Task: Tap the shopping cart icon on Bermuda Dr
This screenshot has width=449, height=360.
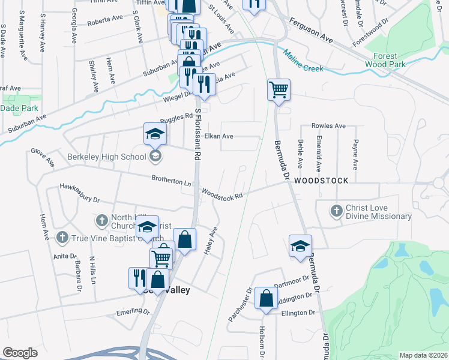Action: (279, 90)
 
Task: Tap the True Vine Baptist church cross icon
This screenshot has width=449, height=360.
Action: (61, 238)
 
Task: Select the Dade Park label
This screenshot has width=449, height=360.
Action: (20, 108)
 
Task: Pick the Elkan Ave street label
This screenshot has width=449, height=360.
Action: (219, 136)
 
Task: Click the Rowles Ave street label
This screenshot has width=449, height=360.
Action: (328, 126)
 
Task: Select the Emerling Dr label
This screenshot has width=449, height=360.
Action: (133, 312)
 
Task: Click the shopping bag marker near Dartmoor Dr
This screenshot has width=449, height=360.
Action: (266, 298)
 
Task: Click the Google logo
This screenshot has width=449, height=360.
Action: (20, 353)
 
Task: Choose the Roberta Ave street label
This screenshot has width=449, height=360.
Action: (106, 20)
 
